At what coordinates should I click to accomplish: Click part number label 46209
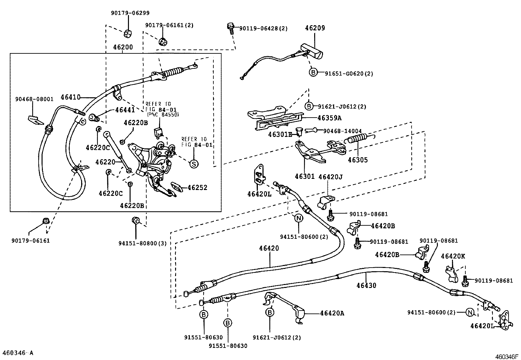pos(315,28)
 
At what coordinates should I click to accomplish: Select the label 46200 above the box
pos(123,47)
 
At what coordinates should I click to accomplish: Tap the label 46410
pos(70,97)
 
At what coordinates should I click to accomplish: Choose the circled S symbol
pos(193,164)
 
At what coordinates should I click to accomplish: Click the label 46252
pos(197,188)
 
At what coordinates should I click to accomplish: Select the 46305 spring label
pos(358,160)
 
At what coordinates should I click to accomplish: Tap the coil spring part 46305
pos(355,138)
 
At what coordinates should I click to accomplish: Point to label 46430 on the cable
pos(366,285)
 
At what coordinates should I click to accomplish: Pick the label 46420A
pos(332,313)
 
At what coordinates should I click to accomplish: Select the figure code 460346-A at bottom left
pos(18,353)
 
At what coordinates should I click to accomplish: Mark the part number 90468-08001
pos(34,99)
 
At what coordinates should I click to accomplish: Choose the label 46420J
pos(331,177)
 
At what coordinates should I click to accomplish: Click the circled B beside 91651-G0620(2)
pos(313,72)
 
